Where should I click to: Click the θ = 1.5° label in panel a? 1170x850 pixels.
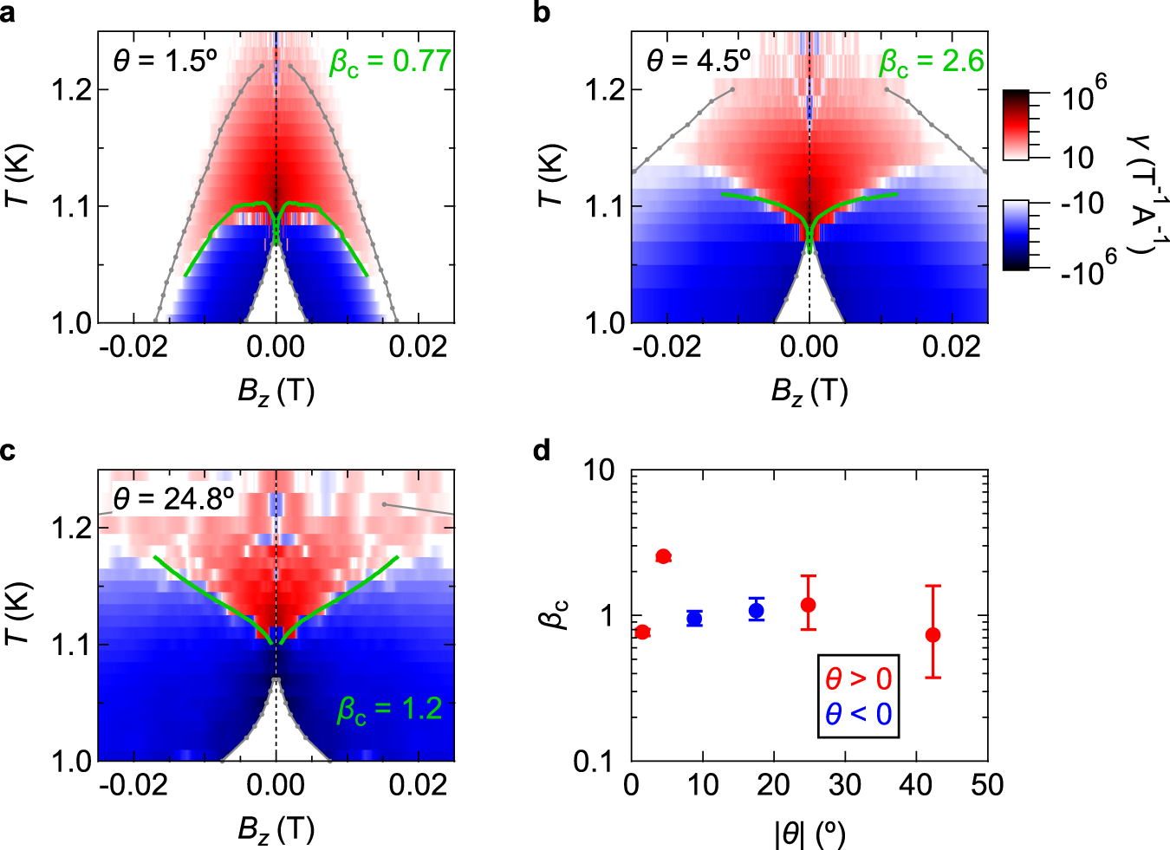165,61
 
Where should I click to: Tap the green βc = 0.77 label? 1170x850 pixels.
390,62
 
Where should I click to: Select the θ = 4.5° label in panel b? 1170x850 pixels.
699,61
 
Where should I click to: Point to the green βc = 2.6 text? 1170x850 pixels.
932,62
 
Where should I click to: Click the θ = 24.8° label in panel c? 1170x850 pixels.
174,499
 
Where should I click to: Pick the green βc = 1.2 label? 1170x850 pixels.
390,710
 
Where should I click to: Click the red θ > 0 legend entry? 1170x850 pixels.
858,678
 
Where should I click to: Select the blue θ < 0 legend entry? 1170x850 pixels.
858,714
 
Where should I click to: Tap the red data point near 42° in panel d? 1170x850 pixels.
933,635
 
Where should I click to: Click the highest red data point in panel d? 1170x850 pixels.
664,556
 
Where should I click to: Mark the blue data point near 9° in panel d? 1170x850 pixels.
694,619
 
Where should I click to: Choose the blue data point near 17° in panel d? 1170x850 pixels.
757,611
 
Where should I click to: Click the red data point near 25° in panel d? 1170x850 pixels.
809,605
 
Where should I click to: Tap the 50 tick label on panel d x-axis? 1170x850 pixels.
987,786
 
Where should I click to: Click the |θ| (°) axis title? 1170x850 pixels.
809,833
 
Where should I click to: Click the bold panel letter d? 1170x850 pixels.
543,451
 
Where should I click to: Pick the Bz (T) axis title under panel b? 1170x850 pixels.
809,392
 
